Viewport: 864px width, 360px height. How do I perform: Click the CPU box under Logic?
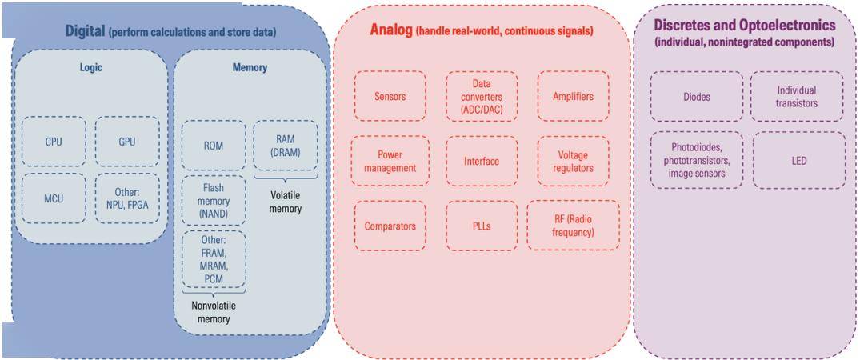[x=53, y=142]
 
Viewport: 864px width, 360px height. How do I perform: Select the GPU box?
[x=126, y=142]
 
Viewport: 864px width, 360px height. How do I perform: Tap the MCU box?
[x=53, y=198]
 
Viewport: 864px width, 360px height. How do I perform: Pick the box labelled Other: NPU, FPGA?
[x=126, y=198]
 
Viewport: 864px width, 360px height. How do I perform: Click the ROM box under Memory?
[x=214, y=146]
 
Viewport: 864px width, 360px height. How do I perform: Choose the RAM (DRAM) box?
[x=285, y=146]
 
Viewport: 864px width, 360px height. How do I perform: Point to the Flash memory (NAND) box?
[x=214, y=202]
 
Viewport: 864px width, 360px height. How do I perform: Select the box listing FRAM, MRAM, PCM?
[x=214, y=259]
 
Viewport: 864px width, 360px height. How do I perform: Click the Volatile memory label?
[x=285, y=202]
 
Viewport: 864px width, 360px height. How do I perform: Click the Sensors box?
[x=390, y=97]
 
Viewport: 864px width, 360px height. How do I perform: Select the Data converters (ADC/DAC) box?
[x=482, y=97]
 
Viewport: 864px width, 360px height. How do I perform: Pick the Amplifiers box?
[x=573, y=97]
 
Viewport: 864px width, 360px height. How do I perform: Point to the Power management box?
[x=390, y=161]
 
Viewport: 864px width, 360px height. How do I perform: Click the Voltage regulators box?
[x=573, y=161]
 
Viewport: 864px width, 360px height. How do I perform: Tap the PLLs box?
[x=482, y=226]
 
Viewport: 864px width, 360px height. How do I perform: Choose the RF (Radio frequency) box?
[x=573, y=226]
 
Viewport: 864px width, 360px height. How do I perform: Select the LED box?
[x=798, y=161]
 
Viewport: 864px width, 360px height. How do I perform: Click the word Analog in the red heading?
[x=390, y=30]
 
